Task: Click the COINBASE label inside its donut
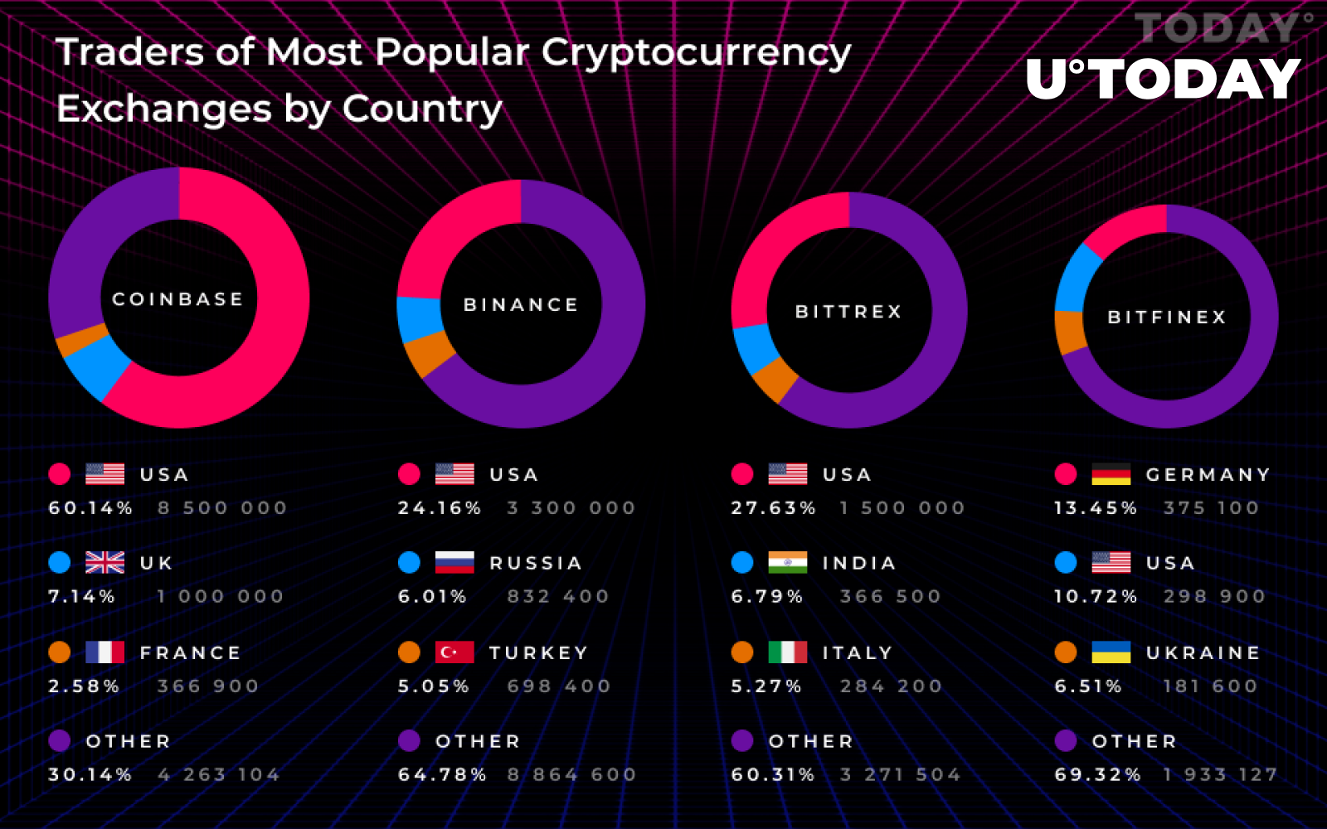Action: pyautogui.click(x=177, y=299)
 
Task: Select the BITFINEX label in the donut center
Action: pyautogui.click(x=1166, y=318)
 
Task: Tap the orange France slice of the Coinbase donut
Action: pyautogui.click(x=81, y=341)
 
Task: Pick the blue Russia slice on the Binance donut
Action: pyautogui.click(x=419, y=318)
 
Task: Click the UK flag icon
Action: pyautogui.click(x=105, y=563)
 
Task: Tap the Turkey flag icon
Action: pyautogui.click(x=454, y=652)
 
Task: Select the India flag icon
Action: pyautogui.click(x=787, y=563)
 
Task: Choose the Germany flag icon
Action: pyautogui.click(x=1111, y=474)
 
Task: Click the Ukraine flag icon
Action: pyautogui.click(x=1111, y=652)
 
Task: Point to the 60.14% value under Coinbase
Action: pyautogui.click(x=90, y=508)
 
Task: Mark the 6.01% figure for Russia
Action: pyautogui.click(x=432, y=597)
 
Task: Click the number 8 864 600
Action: pyautogui.click(x=571, y=775)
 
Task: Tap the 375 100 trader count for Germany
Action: pyautogui.click(x=1211, y=508)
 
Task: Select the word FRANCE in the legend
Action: pyautogui.click(x=190, y=653)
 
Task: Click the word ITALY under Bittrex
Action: pyautogui.click(x=857, y=653)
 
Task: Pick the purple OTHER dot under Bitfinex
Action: pyautogui.click(x=1066, y=740)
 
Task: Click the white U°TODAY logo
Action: pyautogui.click(x=1163, y=80)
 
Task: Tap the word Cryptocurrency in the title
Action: pyautogui.click(x=696, y=53)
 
